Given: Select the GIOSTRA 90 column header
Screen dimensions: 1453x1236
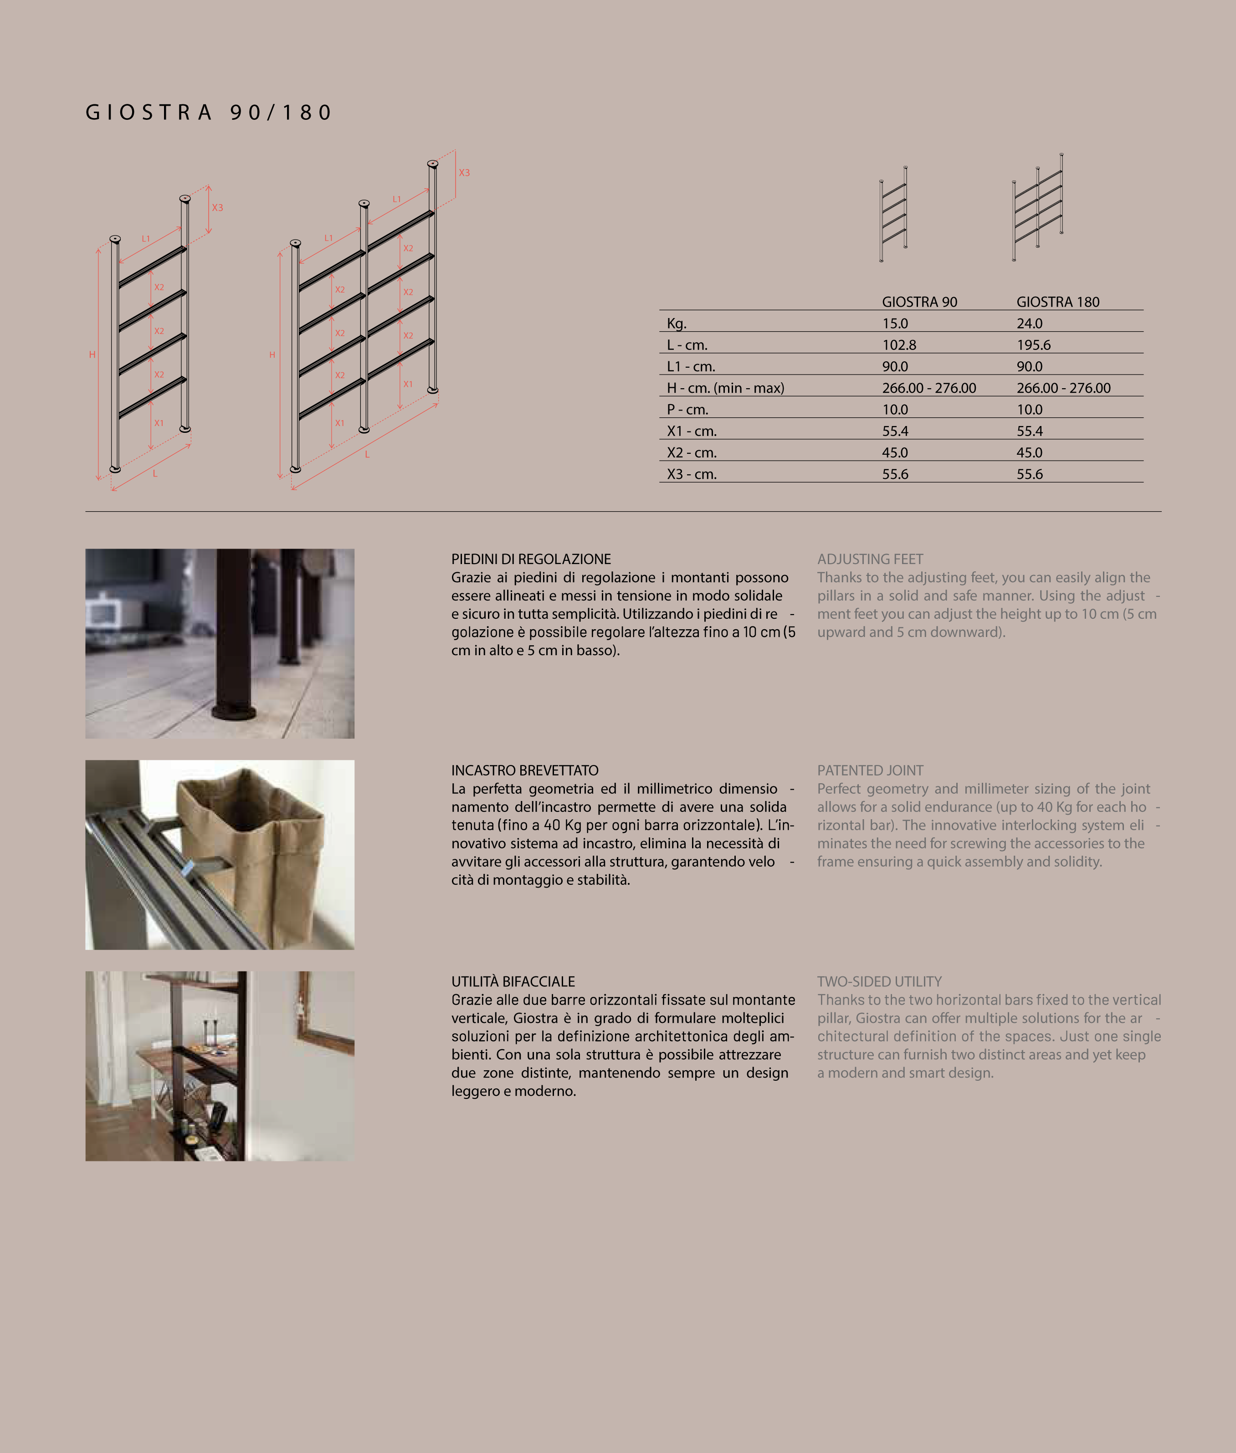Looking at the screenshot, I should pyautogui.click(x=919, y=302).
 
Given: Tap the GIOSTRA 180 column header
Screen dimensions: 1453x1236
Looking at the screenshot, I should pyautogui.click(x=1057, y=302).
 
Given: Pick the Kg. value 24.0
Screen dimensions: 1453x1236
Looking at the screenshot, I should pyautogui.click(x=1029, y=323).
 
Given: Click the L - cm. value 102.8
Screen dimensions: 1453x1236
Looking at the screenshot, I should pyautogui.click(x=899, y=345).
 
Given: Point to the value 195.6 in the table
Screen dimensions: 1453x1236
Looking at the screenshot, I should pyautogui.click(x=1034, y=345).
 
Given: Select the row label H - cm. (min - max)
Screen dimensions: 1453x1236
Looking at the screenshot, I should pyautogui.click(x=725, y=388).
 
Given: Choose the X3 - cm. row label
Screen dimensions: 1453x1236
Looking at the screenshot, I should pyautogui.click(x=692, y=474).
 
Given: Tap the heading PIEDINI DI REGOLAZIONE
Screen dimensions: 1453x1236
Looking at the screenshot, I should pyautogui.click(x=530, y=559).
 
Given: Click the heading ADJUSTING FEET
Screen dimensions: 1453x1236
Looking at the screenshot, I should pyautogui.click(x=870, y=559).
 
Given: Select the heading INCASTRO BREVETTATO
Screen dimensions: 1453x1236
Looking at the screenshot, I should pyautogui.click(x=524, y=770).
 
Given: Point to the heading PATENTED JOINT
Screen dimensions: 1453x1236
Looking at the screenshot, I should pyautogui.click(x=870, y=770).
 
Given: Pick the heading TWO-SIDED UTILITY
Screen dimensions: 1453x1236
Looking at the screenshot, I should pyautogui.click(x=879, y=981).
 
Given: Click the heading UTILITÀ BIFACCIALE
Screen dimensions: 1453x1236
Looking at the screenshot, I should pyautogui.click(x=513, y=981).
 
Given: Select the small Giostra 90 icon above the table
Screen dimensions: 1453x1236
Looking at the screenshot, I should pyautogui.click(x=893, y=214).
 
